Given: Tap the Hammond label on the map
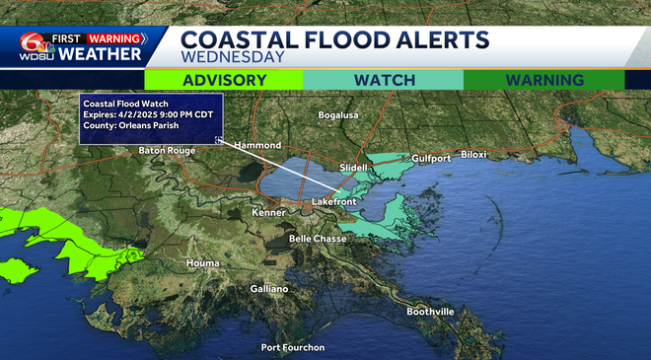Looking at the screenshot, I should tap(257, 145).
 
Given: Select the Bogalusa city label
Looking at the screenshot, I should tap(341, 115).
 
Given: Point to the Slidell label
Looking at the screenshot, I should tap(353, 168).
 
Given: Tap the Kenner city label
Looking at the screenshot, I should tap(267, 212).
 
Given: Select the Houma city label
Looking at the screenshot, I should tap(203, 263).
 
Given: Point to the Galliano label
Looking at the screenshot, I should tap(267, 289).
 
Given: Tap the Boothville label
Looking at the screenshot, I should tap(431, 312).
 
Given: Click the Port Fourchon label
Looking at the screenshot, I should tap(293, 347).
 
